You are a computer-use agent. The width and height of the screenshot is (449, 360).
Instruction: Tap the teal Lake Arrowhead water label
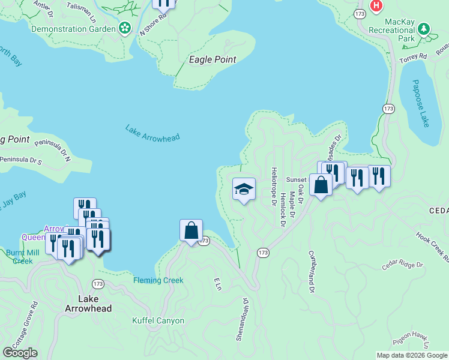(x=152, y=133)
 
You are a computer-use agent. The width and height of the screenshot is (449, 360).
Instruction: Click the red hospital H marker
(x=376, y=5)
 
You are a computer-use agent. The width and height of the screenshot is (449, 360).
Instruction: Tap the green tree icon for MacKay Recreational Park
(x=423, y=29)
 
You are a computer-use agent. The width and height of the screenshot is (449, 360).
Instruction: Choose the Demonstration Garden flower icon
(x=125, y=28)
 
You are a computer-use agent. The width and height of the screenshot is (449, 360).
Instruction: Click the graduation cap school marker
(x=244, y=190)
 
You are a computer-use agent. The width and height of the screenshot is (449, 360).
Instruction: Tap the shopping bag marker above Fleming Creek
(x=191, y=230)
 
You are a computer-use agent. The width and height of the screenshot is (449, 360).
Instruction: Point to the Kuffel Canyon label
(x=158, y=321)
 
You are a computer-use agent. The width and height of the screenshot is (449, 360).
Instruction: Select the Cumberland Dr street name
(x=312, y=272)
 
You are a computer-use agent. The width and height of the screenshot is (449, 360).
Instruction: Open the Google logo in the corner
(x=20, y=353)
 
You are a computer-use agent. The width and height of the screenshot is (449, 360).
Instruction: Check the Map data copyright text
(x=411, y=355)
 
